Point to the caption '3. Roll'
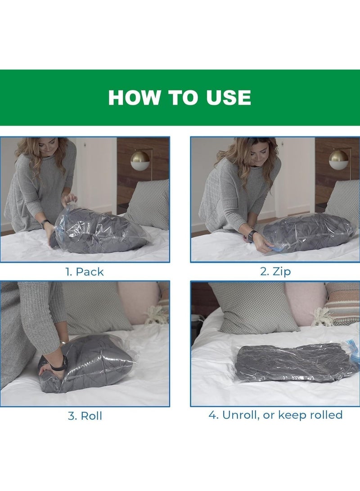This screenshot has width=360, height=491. coord(85,416)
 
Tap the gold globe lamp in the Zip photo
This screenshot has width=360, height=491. coord(338,160)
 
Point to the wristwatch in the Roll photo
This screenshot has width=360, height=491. coord(59,363)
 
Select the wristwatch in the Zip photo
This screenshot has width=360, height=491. coord(252,234)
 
